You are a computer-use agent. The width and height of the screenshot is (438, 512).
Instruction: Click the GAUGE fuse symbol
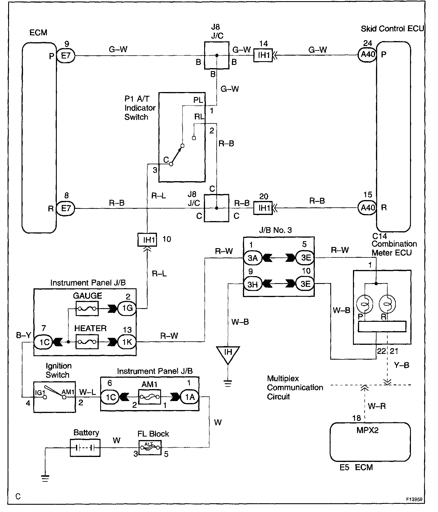(x=87, y=308)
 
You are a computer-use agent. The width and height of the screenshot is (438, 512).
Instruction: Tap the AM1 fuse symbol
(x=149, y=397)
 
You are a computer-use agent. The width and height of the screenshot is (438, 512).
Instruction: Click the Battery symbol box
(x=85, y=448)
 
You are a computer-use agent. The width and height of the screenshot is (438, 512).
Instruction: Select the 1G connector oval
(x=127, y=308)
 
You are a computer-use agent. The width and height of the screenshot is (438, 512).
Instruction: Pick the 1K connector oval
(x=127, y=342)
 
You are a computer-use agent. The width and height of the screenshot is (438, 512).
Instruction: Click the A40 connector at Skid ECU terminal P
(x=368, y=54)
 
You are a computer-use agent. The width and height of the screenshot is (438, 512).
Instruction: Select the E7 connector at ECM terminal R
(x=66, y=208)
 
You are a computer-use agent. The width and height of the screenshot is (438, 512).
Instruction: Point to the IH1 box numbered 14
(x=263, y=55)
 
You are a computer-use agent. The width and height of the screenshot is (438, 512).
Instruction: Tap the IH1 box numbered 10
(x=147, y=240)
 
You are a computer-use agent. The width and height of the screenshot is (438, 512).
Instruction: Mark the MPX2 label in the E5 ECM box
(x=368, y=430)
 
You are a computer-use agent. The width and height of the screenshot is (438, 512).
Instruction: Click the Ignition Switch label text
(x=58, y=370)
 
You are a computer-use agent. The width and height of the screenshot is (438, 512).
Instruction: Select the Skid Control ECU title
(x=392, y=29)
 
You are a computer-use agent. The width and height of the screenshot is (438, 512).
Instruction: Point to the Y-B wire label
(x=401, y=365)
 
